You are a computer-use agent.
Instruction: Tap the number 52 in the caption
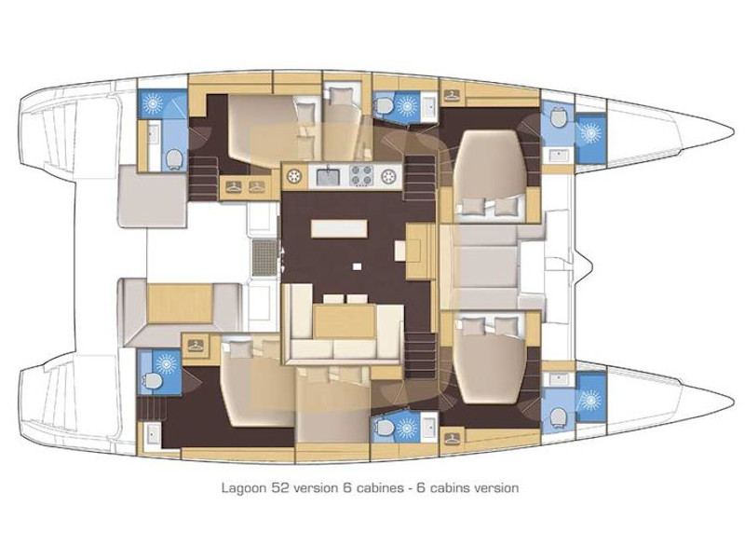point(278,487)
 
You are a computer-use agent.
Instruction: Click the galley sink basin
point(327,175)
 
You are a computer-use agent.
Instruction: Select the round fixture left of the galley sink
point(297,175)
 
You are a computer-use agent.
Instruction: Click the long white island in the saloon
point(340,228)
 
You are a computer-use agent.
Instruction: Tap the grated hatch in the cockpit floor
point(264,254)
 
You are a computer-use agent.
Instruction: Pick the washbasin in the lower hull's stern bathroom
point(153,434)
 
